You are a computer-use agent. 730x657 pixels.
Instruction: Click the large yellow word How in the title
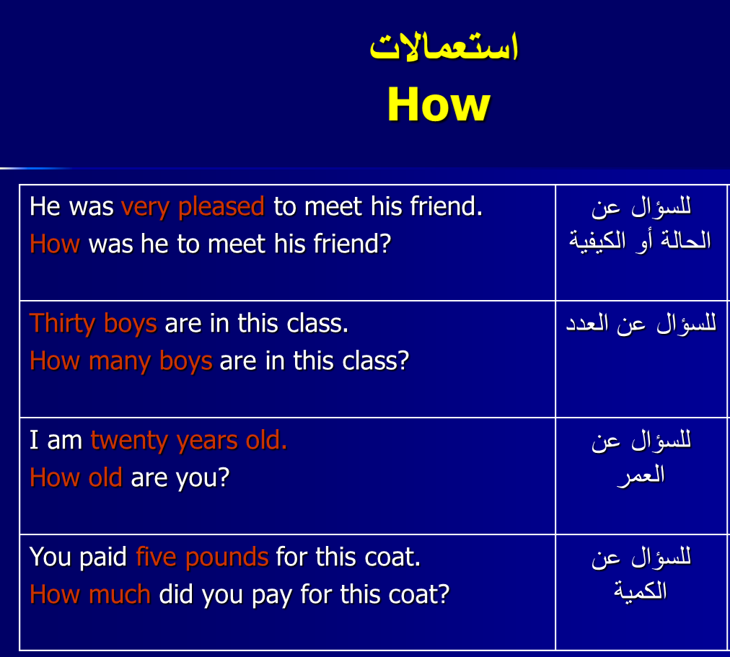(x=439, y=105)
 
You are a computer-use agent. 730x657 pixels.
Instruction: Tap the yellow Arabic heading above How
(x=444, y=47)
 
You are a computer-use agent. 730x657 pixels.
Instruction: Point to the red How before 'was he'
(x=55, y=244)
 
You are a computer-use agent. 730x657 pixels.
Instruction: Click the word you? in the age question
(x=203, y=479)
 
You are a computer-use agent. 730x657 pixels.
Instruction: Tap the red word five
(x=156, y=557)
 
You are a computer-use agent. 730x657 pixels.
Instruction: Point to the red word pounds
(x=227, y=557)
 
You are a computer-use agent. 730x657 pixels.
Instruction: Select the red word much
(x=120, y=594)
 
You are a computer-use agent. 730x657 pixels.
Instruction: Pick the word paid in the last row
(x=103, y=557)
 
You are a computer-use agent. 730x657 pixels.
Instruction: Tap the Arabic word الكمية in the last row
(x=640, y=591)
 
